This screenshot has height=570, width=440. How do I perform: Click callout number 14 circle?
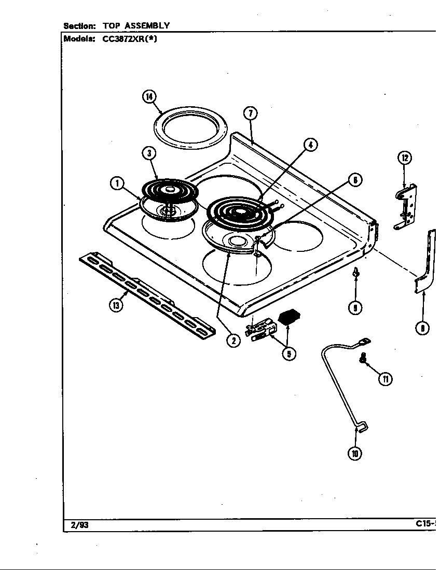(x=150, y=97)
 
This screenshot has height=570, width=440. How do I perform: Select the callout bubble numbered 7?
(x=250, y=113)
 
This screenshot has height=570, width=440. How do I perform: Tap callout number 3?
(x=148, y=153)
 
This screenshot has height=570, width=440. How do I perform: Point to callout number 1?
(x=117, y=183)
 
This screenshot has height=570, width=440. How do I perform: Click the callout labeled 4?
(x=310, y=145)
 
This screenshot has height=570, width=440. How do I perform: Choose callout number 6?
(x=355, y=180)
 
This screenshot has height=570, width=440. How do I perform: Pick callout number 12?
(x=404, y=158)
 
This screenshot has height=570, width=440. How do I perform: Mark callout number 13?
(x=116, y=305)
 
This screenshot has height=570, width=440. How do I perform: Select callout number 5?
(x=289, y=353)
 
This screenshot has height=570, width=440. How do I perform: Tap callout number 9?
(x=355, y=308)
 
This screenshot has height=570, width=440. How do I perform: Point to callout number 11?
(x=386, y=379)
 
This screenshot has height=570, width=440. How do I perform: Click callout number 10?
(x=354, y=453)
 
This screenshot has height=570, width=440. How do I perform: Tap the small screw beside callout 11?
(x=363, y=358)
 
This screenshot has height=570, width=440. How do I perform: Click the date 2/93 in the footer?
(x=76, y=524)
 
